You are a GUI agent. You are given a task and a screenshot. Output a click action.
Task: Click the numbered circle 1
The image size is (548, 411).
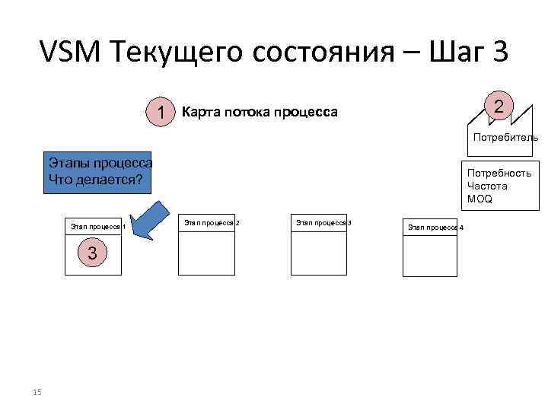(161, 113)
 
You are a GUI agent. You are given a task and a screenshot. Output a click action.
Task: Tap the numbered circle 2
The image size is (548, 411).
(499, 106)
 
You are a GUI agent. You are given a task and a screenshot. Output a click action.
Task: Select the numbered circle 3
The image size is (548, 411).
(92, 253)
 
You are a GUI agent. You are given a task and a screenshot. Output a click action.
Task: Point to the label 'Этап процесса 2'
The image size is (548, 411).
(212, 222)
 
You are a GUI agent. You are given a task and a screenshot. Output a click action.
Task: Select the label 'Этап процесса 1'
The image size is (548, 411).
(98, 226)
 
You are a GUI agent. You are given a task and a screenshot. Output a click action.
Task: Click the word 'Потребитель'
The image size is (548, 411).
(506, 138)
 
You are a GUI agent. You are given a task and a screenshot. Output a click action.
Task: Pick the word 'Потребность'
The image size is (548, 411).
(499, 174)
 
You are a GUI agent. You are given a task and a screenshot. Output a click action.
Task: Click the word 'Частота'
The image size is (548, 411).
(487, 186)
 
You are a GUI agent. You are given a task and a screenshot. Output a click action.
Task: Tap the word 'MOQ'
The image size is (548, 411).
(480, 199)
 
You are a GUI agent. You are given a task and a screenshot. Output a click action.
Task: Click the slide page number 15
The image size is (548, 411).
(37, 392)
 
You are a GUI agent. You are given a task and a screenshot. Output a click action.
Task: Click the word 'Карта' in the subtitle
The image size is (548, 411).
(200, 113)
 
